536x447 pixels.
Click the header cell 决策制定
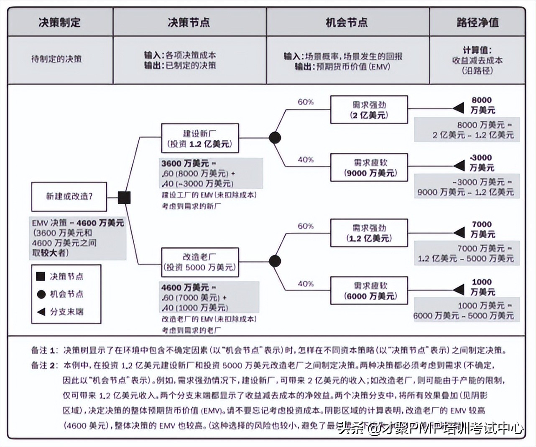point(60,22)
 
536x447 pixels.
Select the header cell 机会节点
point(347,22)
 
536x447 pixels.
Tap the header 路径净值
point(477,22)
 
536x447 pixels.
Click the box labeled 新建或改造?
point(69,196)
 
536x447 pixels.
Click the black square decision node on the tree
point(124,198)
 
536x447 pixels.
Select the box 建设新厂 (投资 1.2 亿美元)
point(200,138)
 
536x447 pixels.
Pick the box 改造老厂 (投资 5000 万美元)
point(200,262)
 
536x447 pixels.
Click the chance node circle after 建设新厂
point(275,138)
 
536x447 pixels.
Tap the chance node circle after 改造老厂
point(275,261)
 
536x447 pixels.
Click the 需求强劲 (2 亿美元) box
point(369,110)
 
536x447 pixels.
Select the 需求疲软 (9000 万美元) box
point(369,167)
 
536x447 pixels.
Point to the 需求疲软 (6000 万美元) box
point(369,290)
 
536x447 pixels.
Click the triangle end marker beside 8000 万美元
point(459,108)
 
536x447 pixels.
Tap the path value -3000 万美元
point(482,162)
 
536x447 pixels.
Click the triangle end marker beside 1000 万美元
point(459,289)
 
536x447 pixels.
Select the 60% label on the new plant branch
point(306,102)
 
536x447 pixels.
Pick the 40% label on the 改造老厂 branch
point(306,284)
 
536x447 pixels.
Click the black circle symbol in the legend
point(41,294)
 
